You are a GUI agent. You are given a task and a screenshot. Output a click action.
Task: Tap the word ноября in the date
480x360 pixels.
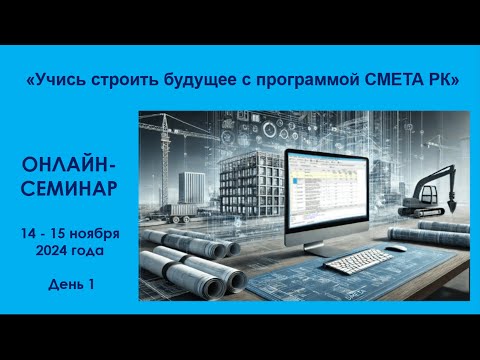(97, 232)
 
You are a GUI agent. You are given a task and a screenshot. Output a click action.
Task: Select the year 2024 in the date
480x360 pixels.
(56, 251)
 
